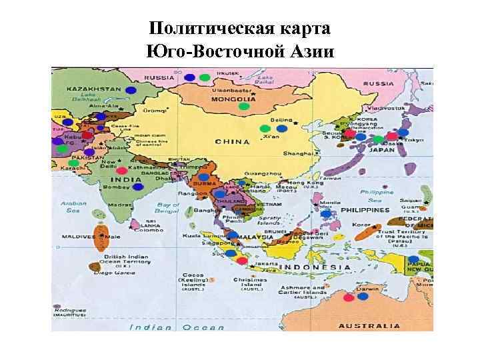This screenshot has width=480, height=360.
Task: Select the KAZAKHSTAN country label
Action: [x=93, y=89]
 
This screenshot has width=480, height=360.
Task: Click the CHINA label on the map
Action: [x=232, y=141]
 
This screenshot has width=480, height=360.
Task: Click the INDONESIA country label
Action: [x=315, y=267]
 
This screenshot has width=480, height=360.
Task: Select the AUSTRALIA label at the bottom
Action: [x=370, y=326]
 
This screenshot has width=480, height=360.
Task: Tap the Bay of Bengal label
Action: [x=167, y=208]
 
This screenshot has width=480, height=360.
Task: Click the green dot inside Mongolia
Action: [x=244, y=106]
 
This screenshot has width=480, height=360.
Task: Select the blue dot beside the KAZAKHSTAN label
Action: [x=132, y=89]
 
